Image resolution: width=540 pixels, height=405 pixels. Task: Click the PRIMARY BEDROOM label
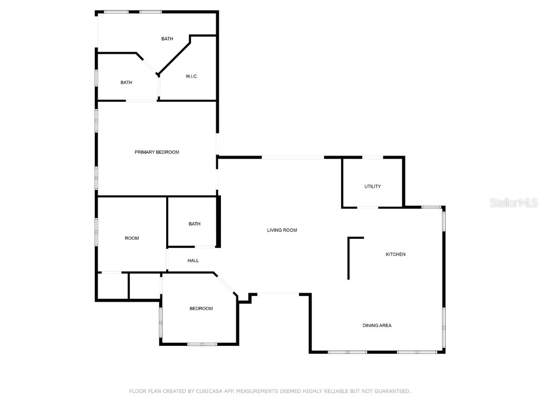tap(157, 152)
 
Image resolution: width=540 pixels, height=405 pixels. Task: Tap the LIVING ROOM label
tap(282, 230)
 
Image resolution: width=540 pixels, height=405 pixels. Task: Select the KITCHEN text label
tap(396, 255)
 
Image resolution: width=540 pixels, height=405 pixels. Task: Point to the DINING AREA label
tap(377, 325)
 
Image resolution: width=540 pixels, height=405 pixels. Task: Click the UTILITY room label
tap(372, 187)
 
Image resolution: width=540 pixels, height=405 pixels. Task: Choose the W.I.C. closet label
tap(191, 76)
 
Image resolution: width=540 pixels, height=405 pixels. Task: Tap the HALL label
tap(193, 261)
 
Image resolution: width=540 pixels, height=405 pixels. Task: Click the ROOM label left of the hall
tap(132, 238)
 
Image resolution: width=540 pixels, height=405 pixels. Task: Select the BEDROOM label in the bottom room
tap(201, 308)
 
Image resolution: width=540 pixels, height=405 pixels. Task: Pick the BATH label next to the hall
tap(195, 224)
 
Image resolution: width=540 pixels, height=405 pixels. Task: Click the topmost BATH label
tap(167, 38)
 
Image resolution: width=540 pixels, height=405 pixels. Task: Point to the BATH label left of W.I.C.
tap(126, 82)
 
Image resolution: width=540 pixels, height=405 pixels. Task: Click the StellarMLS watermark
tap(514, 202)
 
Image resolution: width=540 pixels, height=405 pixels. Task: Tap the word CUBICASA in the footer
tap(207, 391)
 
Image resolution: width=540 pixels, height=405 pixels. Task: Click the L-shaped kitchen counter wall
tap(349, 256)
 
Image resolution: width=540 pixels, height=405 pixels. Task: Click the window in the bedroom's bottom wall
tap(202, 344)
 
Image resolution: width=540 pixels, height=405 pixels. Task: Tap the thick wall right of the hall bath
tap(219, 221)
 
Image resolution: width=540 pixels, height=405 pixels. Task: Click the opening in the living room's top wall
tap(293, 157)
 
